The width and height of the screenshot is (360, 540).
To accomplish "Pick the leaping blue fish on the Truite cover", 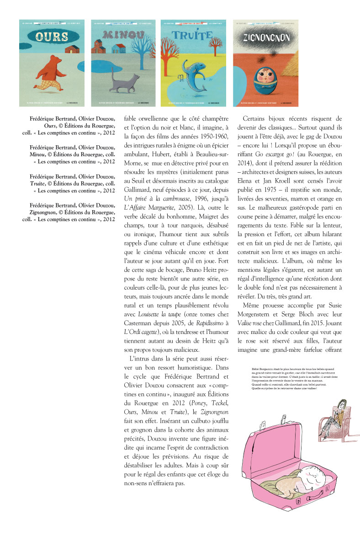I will pos(191,76).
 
